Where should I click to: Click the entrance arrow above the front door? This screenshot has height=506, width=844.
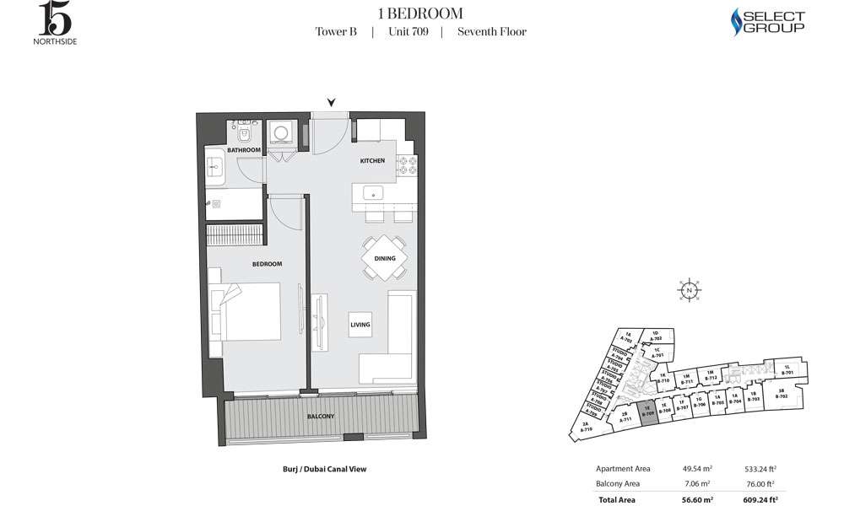tap(332, 103)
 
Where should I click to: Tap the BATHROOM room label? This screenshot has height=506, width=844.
tap(244, 150)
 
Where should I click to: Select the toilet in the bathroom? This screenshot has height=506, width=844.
tap(245, 132)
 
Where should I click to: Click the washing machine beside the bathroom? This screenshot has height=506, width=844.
tap(279, 134)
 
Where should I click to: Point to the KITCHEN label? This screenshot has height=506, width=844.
tap(372, 160)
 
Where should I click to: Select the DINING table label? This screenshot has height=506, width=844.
tap(385, 259)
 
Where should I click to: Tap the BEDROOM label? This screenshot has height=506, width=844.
tap(267, 264)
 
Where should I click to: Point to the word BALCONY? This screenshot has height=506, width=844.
tap(320, 417)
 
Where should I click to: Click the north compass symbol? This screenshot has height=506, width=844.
tap(690, 289)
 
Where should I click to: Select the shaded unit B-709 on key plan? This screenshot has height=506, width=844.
tap(648, 412)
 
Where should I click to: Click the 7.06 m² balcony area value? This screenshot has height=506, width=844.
tap(693, 483)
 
